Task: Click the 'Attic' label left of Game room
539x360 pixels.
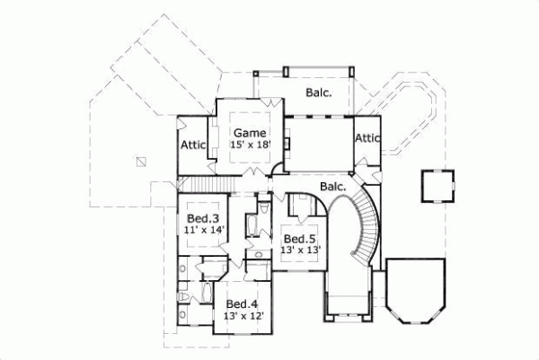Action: pyautogui.click(x=194, y=145)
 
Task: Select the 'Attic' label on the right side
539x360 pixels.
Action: pyautogui.click(x=367, y=138)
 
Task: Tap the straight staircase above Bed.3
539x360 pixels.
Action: pyautogui.click(x=207, y=185)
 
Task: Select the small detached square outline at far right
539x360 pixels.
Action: pyautogui.click(x=436, y=188)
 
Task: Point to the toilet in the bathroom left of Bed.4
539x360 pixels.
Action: pyautogui.click(x=183, y=296)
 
